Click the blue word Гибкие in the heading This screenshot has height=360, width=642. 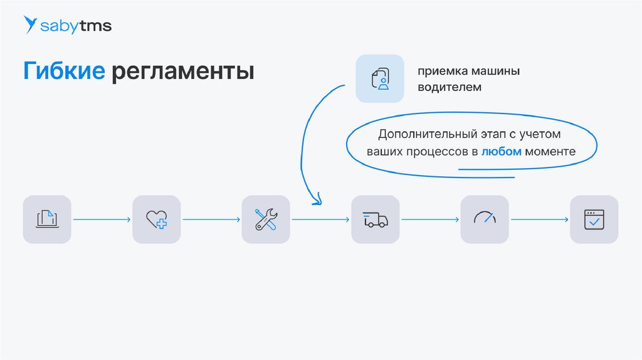64,71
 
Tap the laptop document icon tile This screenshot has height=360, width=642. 47,220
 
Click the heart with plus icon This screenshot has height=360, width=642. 156,220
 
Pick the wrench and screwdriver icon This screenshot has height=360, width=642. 266,220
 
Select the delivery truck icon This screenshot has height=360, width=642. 375,220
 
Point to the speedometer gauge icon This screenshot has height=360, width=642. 485,219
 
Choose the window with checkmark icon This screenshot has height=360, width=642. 594,220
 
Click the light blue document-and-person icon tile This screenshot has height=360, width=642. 380,79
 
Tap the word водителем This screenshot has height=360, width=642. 450,87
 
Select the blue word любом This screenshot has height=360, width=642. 502,152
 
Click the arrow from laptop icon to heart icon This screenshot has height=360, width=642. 102,220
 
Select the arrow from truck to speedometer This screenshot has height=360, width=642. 429,220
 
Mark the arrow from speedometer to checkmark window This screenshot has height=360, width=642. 539,220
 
